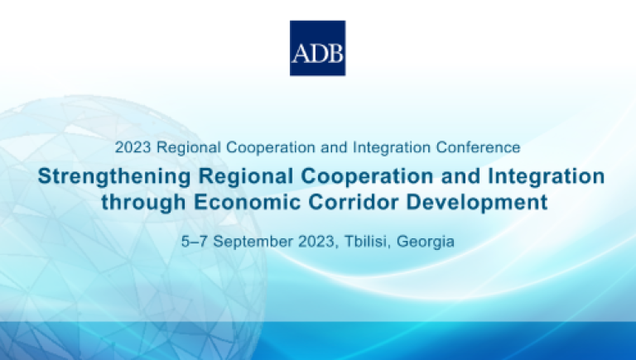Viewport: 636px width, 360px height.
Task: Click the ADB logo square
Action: [x=318, y=48]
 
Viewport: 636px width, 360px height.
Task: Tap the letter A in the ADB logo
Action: [x=300, y=53]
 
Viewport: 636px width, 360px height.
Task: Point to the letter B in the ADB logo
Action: [x=336, y=53]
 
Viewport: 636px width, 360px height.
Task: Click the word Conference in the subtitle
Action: [x=478, y=147]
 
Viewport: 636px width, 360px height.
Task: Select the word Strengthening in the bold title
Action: [x=114, y=177]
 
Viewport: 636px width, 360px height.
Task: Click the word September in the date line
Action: [x=253, y=242]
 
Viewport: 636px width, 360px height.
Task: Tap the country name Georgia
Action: [x=426, y=242]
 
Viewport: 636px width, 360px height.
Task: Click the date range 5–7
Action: [x=195, y=241]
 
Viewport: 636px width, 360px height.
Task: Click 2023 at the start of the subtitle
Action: [x=133, y=147]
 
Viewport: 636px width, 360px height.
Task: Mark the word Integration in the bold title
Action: [x=547, y=177]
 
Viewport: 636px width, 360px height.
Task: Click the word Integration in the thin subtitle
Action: [x=392, y=148]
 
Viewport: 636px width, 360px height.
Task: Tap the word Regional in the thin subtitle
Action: [x=189, y=148]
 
